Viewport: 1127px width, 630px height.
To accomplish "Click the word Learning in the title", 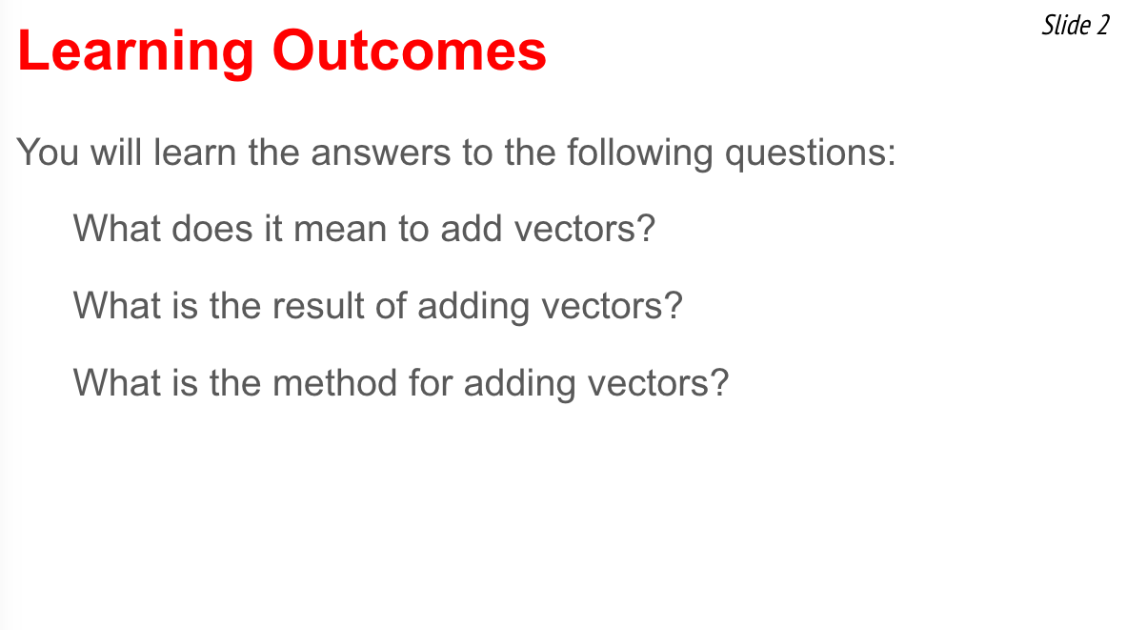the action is tap(135, 52).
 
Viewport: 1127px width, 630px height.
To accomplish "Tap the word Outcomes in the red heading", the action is tap(409, 51).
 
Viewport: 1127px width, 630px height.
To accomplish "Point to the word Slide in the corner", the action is tap(1066, 25).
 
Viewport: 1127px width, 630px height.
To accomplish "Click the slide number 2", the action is tap(1103, 26).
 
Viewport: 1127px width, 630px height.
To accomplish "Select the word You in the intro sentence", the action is tap(48, 152).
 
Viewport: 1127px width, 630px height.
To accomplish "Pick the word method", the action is tap(335, 382).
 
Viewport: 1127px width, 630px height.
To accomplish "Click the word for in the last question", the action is tap(431, 382).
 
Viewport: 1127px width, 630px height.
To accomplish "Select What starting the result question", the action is tap(116, 306).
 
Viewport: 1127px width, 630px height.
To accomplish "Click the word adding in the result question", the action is tap(473, 307).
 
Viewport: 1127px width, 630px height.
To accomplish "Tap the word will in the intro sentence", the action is tap(115, 152).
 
